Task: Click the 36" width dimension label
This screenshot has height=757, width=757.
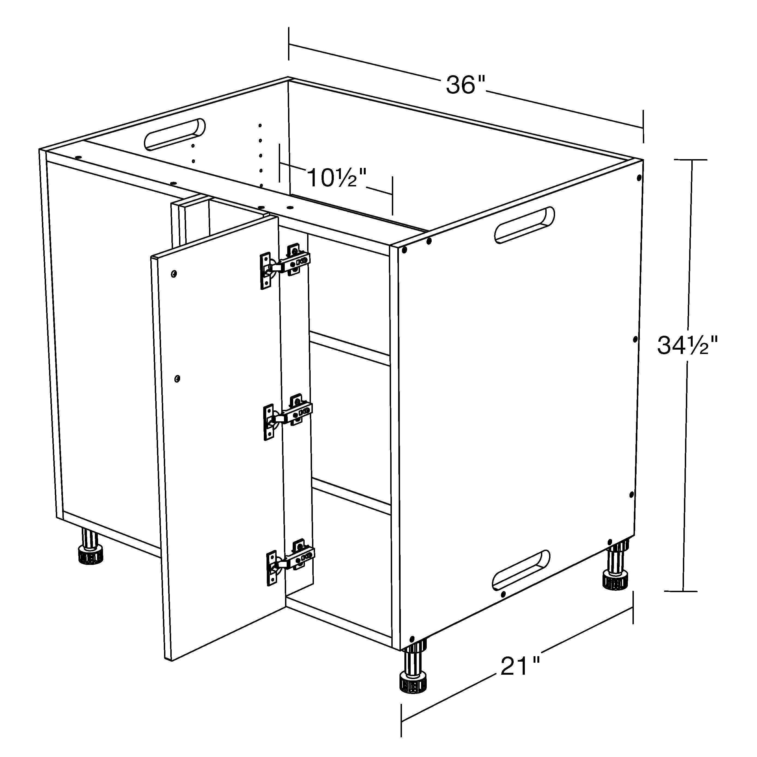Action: (465, 85)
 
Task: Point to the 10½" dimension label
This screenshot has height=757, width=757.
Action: (337, 178)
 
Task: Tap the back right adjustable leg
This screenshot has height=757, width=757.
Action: (616, 566)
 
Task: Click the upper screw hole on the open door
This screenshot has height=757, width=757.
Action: (174, 273)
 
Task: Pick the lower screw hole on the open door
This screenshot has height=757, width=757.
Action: (177, 378)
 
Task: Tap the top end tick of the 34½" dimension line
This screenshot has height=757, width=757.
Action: (691, 160)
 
